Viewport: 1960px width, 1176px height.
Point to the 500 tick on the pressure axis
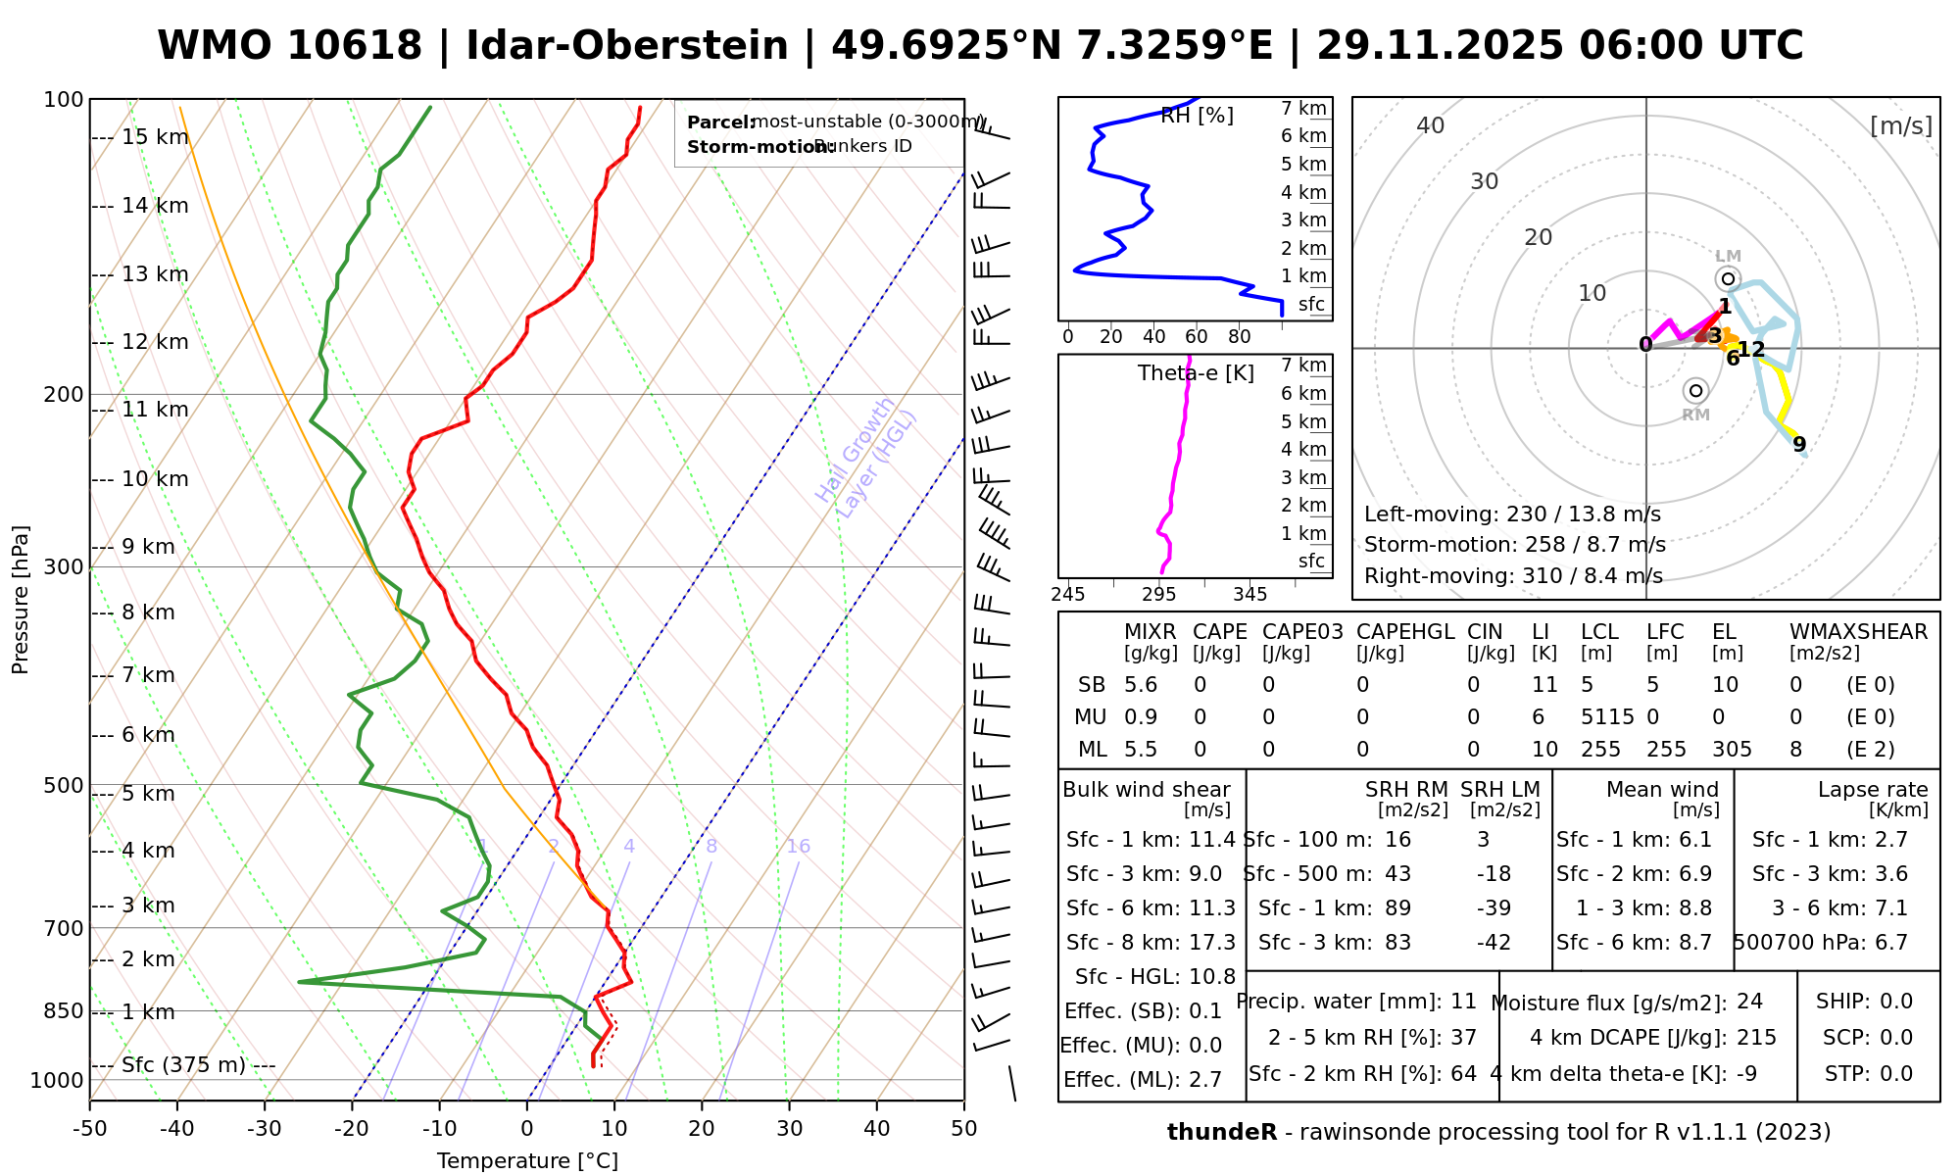click(x=65, y=785)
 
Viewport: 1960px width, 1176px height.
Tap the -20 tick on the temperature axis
click(x=352, y=1129)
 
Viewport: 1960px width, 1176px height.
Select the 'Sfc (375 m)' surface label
click(x=183, y=1065)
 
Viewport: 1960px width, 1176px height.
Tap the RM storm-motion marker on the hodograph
click(x=1695, y=391)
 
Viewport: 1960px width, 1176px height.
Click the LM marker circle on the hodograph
click(x=1728, y=279)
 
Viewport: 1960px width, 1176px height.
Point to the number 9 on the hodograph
click(x=1799, y=445)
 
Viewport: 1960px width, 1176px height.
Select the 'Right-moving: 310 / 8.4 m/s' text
click(x=1513, y=576)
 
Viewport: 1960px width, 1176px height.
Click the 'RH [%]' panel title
click(x=1197, y=116)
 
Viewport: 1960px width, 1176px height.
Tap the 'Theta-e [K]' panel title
click(x=1196, y=373)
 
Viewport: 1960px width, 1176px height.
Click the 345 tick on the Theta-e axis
click(x=1249, y=595)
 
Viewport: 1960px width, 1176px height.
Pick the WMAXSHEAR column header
click(x=1858, y=632)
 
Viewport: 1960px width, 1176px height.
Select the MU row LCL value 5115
click(x=1607, y=717)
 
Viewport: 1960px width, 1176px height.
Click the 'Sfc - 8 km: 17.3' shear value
click(x=1151, y=943)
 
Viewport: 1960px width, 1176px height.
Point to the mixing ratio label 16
click(x=798, y=847)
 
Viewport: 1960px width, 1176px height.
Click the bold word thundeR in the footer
click(x=1221, y=1133)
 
